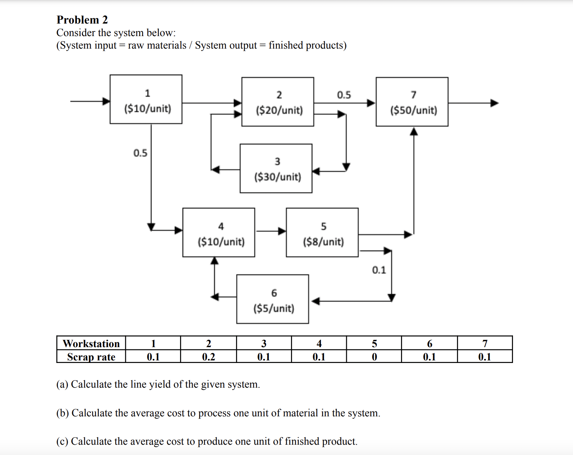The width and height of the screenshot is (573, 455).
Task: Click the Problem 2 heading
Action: [82, 20]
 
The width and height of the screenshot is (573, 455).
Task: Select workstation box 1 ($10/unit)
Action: [146, 99]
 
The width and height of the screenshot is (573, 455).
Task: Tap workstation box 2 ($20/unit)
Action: [278, 102]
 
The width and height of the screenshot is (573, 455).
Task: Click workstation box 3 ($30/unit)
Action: [276, 169]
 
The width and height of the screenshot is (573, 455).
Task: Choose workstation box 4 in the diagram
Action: [219, 233]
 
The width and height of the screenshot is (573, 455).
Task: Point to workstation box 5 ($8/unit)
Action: [322, 233]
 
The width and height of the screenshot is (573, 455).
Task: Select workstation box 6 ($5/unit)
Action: [273, 299]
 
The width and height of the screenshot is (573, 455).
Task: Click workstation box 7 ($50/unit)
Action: [412, 102]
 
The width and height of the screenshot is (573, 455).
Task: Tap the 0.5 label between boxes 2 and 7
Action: [344, 95]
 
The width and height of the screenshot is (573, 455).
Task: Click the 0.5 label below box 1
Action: [140, 153]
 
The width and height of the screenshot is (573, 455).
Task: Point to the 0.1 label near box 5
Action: [379, 270]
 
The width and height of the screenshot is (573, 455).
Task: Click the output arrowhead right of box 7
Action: [495, 103]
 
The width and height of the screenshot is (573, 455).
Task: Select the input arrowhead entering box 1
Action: [106, 101]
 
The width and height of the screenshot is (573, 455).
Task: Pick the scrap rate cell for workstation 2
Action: [208, 357]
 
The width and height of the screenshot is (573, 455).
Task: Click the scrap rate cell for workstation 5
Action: [374, 357]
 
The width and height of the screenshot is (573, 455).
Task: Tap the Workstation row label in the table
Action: [91, 343]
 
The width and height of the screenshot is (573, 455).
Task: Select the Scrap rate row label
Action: [91, 357]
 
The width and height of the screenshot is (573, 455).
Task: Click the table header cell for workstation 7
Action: [485, 343]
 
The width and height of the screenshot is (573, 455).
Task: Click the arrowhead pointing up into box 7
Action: [414, 131]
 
